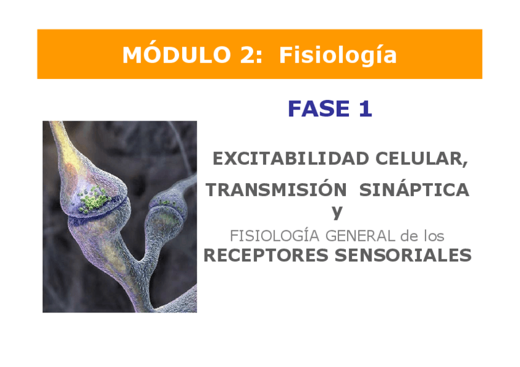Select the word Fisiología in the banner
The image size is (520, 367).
338,55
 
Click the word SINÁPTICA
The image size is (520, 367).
414,190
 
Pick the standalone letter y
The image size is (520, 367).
337,212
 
